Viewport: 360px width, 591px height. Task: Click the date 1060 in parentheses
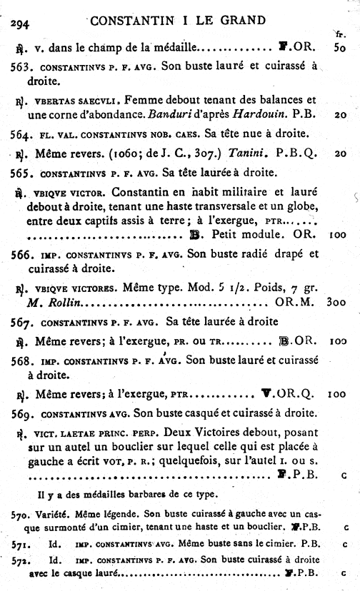124,153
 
